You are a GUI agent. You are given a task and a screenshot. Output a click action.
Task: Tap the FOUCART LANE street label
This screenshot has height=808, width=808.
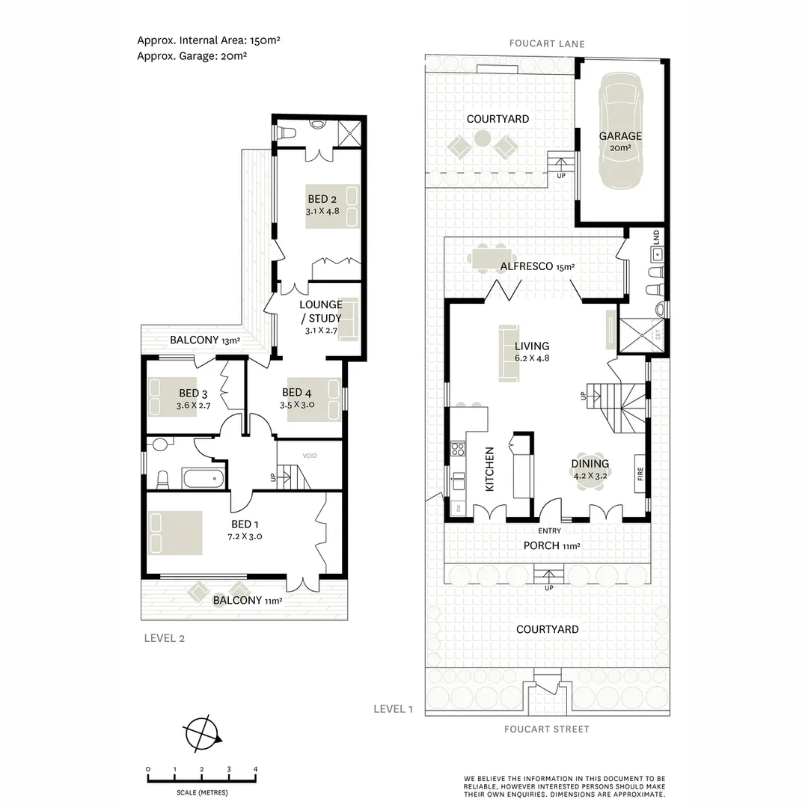tap(547, 44)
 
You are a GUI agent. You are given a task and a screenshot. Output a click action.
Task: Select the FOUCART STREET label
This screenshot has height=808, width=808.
tap(546, 729)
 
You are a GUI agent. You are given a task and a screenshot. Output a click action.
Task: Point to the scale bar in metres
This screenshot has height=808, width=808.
tap(202, 780)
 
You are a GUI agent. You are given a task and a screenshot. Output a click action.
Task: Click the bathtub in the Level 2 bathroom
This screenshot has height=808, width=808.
tap(203, 477)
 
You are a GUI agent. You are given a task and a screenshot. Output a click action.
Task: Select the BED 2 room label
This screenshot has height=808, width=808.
tap(322, 199)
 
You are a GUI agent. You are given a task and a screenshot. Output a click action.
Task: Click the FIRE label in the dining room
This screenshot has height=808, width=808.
tap(640, 474)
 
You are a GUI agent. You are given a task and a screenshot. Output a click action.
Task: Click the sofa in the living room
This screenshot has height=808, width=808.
tap(509, 354)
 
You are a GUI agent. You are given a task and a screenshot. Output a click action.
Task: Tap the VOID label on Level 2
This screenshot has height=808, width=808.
tap(310, 456)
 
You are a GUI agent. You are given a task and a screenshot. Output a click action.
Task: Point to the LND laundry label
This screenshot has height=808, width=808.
tap(656, 238)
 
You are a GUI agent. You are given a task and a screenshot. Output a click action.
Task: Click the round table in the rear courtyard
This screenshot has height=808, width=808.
tap(483, 138)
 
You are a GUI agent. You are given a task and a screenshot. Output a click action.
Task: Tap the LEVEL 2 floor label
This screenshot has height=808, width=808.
tap(163, 638)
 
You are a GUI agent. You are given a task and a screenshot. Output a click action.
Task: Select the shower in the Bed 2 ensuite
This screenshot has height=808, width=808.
tap(349, 132)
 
